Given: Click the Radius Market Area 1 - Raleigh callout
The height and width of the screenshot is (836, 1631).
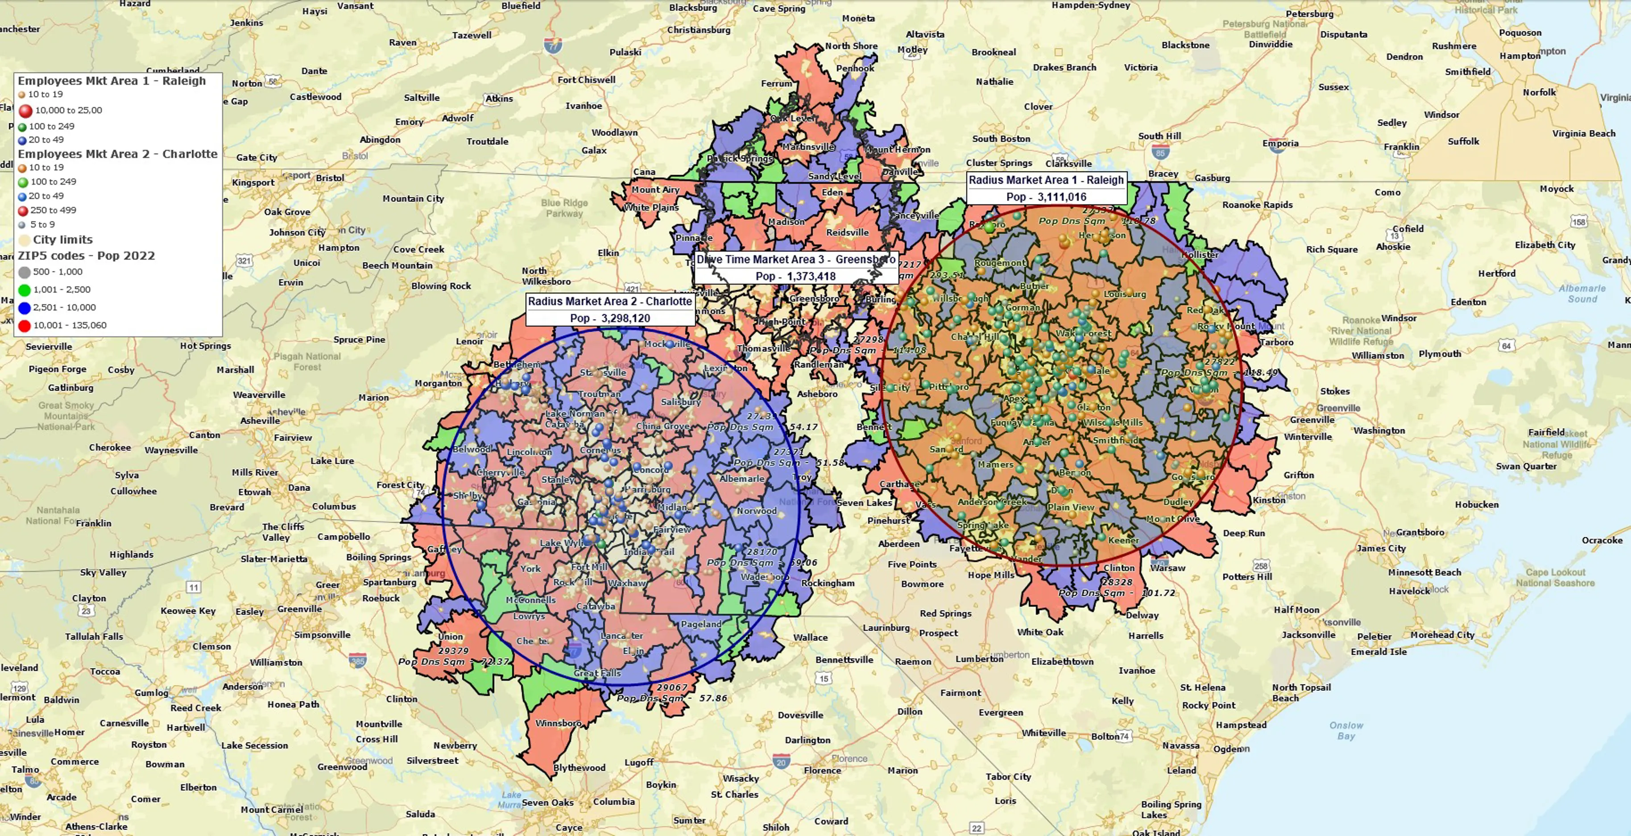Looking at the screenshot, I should tap(1046, 187).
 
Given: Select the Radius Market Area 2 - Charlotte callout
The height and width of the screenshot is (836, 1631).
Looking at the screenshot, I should tap(610, 309).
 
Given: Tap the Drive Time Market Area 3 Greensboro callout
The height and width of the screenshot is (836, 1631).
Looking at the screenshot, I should tap(795, 267).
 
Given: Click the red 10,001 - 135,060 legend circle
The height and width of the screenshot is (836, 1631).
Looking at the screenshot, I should tap(25, 326).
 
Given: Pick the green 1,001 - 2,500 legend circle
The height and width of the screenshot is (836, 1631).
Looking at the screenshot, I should tap(25, 290).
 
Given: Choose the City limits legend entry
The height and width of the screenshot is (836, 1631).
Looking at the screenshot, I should tap(62, 240).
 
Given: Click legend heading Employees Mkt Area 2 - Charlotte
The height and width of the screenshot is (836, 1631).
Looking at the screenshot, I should tap(117, 154).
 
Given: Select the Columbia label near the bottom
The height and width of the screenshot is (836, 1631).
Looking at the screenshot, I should tap(613, 802).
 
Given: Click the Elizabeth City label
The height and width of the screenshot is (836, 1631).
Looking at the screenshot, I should tap(1545, 245).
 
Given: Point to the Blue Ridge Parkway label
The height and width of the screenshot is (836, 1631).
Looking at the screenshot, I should tap(564, 208).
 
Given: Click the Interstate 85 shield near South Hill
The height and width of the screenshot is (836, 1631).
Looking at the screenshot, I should tap(1160, 152).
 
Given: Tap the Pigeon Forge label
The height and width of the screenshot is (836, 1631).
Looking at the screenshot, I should tap(57, 369).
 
